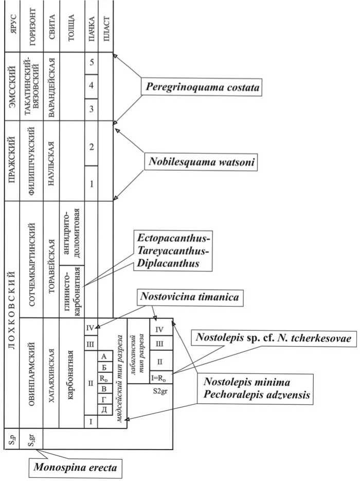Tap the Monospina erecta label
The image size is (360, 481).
click(69, 468)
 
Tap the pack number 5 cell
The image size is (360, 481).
click(91, 63)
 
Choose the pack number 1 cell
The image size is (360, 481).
click(91, 183)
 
